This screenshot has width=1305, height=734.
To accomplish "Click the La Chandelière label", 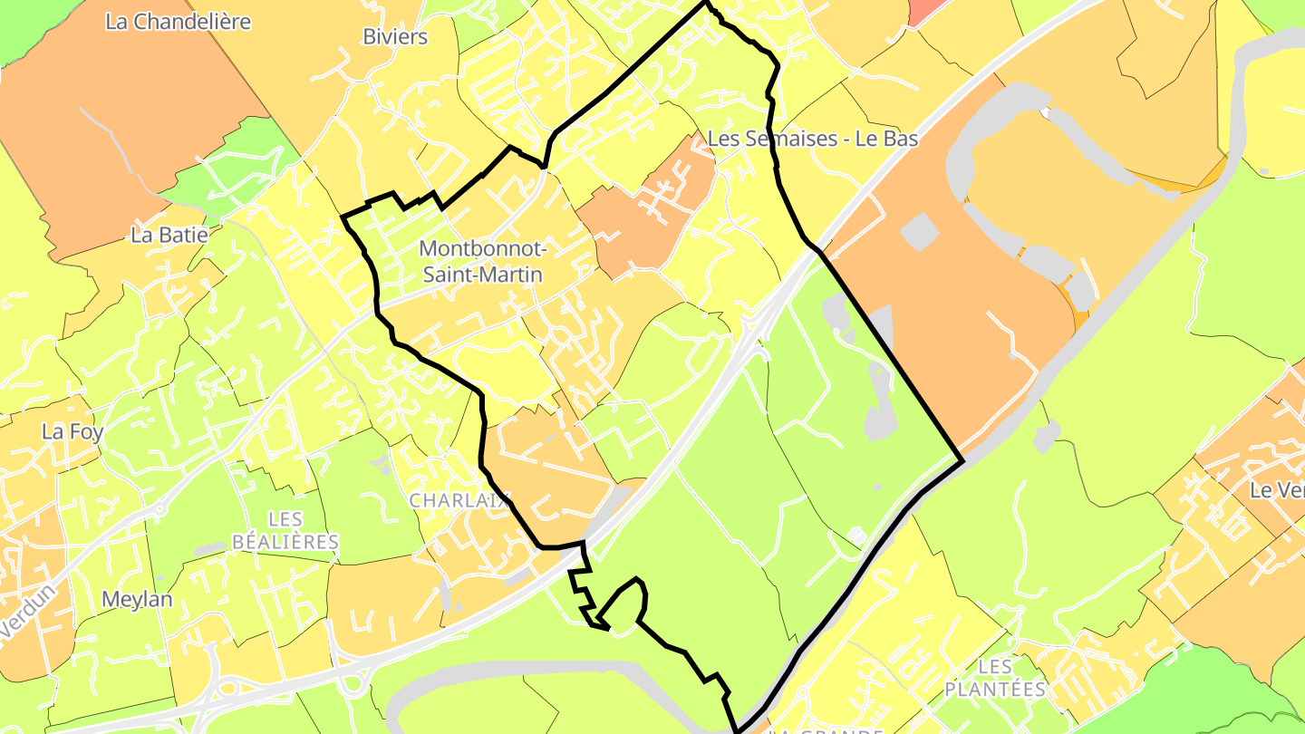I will tap(178, 22).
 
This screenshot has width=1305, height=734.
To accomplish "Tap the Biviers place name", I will tap(394, 37).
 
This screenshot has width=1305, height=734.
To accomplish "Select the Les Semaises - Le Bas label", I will tap(812, 139).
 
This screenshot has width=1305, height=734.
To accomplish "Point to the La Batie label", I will tap(169, 235).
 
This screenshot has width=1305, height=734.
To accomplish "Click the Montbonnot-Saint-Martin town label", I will tap(481, 260).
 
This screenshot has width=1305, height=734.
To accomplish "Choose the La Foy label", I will tap(72, 431).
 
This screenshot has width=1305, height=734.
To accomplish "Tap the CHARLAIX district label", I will tap(460, 500).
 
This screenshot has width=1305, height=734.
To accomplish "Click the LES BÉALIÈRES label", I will tap(285, 530).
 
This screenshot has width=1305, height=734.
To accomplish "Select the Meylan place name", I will tap(137, 599).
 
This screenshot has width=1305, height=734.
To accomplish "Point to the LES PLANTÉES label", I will tap(995, 677).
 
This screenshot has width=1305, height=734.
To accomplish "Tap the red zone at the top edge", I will tap(924, 9).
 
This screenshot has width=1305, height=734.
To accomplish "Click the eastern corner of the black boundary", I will tap(962, 460).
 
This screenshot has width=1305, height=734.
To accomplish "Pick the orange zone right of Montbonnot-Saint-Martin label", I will tap(645, 213).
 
